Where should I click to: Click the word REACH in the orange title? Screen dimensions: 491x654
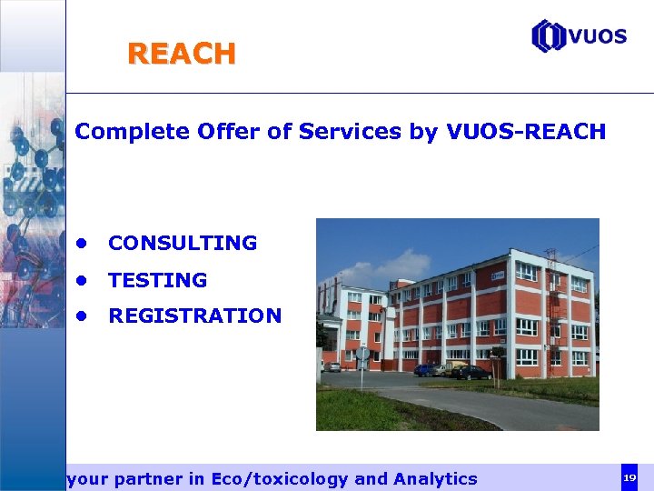click(182, 55)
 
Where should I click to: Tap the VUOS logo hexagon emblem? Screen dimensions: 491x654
click(548, 36)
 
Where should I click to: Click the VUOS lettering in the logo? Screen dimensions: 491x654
click(598, 36)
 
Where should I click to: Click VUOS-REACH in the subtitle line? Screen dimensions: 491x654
click(527, 132)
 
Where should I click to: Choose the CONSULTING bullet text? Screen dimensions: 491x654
click(183, 244)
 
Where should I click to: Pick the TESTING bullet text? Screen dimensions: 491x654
click(157, 280)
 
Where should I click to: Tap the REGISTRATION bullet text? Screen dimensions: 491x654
click(194, 316)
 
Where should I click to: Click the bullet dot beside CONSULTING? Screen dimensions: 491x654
click(82, 244)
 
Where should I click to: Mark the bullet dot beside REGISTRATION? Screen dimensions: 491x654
click(82, 316)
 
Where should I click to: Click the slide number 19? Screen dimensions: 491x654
click(629, 477)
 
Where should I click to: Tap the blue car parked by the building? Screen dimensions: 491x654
click(424, 370)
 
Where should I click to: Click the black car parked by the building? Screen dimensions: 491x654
click(471, 372)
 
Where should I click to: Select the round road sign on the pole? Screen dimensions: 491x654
click(362, 353)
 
